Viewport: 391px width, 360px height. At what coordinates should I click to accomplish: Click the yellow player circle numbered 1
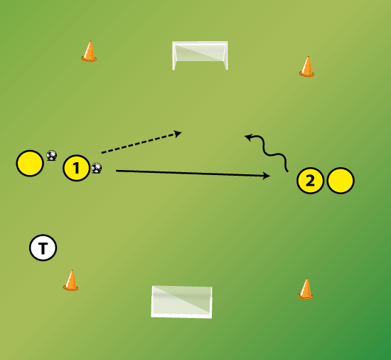(76, 168)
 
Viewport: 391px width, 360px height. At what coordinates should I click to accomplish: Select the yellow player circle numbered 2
(310, 181)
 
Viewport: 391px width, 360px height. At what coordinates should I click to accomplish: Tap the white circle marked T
(43, 248)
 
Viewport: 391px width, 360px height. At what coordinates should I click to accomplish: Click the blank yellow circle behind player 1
(30, 164)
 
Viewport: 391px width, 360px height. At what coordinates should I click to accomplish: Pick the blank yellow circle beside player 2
(341, 181)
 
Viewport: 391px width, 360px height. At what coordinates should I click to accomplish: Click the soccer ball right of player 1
(97, 168)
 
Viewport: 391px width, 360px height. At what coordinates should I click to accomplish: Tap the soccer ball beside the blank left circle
(52, 155)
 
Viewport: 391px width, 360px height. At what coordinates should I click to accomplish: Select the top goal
(200, 55)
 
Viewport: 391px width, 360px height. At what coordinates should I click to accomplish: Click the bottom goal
(181, 302)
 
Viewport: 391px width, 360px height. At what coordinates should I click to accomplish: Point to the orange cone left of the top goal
(89, 51)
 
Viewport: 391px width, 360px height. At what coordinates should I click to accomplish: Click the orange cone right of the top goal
(306, 67)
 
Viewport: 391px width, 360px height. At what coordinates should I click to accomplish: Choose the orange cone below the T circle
(71, 280)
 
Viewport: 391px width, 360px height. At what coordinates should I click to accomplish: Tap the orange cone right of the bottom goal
(306, 289)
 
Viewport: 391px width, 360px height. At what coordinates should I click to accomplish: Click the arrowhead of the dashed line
(178, 134)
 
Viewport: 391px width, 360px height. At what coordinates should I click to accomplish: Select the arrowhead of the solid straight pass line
(267, 176)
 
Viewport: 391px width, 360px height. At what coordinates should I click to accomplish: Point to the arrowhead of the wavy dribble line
(248, 137)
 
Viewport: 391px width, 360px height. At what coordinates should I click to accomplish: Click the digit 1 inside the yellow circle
(76, 168)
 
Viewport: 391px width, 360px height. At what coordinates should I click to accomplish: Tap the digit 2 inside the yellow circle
(310, 181)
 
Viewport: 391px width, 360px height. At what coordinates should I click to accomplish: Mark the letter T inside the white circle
(43, 248)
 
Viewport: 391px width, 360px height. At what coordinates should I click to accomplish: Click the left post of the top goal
(173, 56)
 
